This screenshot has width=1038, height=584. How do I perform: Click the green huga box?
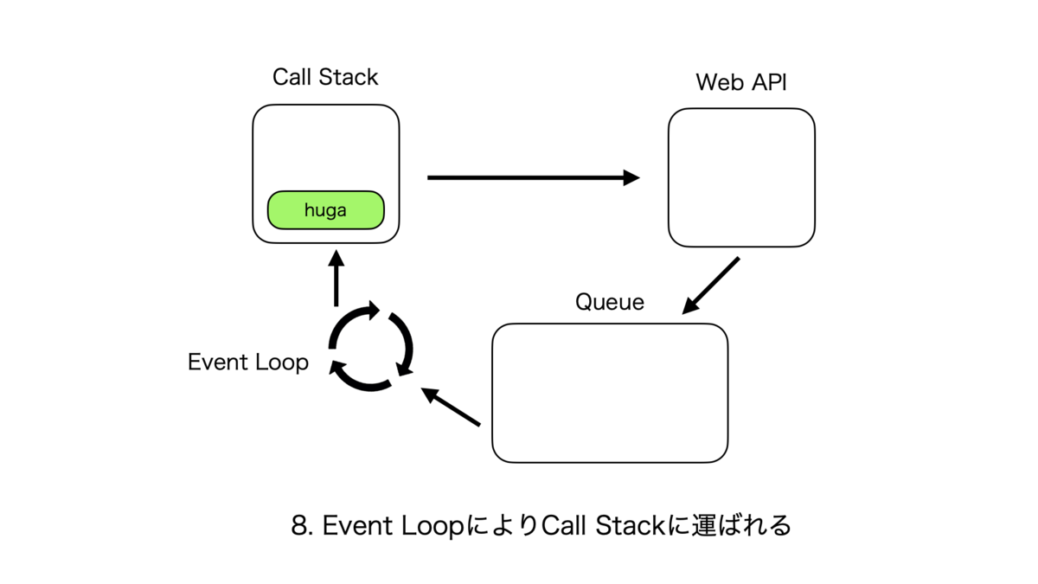pos(325,210)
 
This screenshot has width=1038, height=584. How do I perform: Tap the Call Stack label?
pos(325,77)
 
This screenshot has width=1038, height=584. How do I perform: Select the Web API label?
pos(741,83)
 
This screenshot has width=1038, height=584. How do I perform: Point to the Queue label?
pos(610,302)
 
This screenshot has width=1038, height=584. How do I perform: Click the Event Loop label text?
pos(248,362)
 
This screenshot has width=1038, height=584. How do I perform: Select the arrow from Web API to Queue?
pos(711,286)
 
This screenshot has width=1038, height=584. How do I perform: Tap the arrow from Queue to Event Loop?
pos(451,408)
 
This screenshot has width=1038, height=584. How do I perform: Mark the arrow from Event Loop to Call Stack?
pos(336,278)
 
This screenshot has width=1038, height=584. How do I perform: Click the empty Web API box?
pos(741,177)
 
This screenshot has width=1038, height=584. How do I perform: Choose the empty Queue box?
pos(610,393)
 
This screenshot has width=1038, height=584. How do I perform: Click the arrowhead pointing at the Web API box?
pos(632,178)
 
